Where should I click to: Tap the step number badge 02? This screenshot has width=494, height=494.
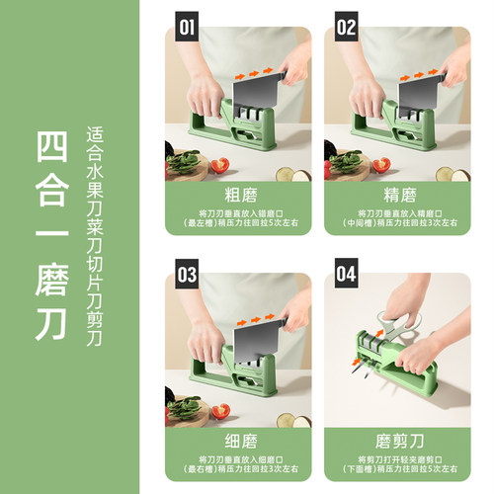tap(347, 27)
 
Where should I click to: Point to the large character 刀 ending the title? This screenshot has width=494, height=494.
tap(51, 323)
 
